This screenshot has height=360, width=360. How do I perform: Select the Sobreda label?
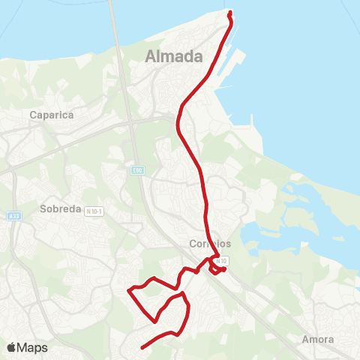[59, 209]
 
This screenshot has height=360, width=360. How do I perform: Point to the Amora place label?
[317, 339]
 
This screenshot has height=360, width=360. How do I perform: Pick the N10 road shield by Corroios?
[223, 259]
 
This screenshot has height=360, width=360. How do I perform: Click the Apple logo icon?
[12, 347]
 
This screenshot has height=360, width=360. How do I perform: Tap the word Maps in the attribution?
[32, 348]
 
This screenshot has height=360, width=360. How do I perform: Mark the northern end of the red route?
[229, 12]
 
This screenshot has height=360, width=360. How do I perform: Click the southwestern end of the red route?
[141, 347]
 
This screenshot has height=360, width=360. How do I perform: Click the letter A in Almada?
[150, 56]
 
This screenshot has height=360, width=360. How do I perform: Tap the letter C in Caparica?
[34, 115]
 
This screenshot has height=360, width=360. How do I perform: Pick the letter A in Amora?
[304, 339]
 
